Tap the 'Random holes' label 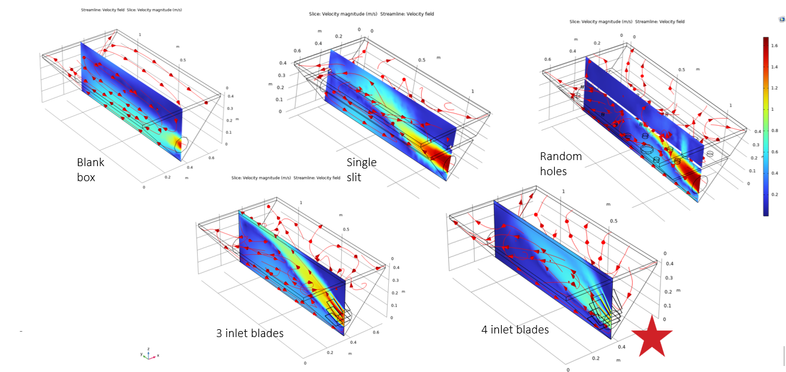point(561,163)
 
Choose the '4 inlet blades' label point(515,329)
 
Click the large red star point(651,338)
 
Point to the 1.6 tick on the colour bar point(775,43)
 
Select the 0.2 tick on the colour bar point(775,195)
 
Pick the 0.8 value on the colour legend point(775,130)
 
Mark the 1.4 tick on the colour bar point(775,66)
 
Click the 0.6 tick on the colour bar point(775,152)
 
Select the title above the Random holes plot point(627,22)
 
